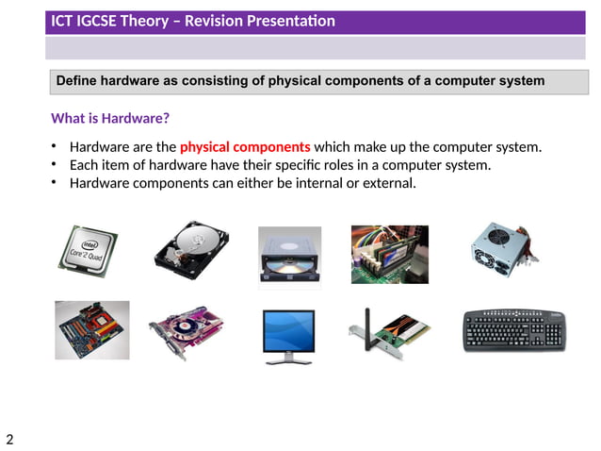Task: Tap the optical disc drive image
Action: [289, 255]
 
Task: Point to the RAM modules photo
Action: [390, 254]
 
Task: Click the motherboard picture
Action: [91, 330]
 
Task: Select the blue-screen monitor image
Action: [289, 333]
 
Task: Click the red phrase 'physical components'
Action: [244, 147]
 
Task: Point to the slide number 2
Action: [9, 439]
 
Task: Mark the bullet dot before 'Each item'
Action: [56, 165]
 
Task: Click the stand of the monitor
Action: [289, 359]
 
